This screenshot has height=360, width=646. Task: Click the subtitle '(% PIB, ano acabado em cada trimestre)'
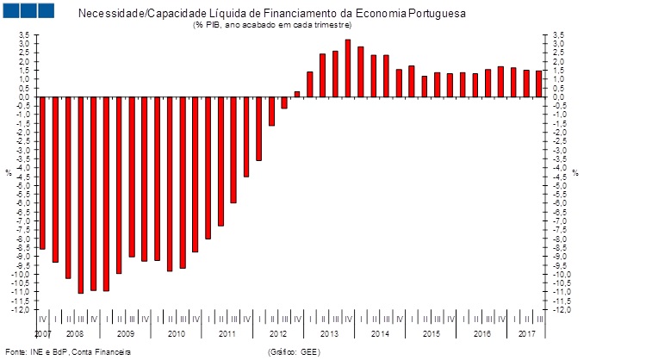(272, 24)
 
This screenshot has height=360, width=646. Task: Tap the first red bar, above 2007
(42, 172)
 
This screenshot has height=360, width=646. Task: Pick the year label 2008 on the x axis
(74, 332)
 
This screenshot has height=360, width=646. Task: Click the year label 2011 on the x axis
(227, 332)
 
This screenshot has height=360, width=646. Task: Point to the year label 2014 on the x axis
(380, 332)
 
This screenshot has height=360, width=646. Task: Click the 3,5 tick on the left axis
(24, 35)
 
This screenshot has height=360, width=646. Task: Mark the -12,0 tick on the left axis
(22, 310)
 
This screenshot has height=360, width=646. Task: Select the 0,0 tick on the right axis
(558, 97)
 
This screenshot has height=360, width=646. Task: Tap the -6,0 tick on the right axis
(560, 203)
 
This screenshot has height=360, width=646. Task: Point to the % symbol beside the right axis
(575, 173)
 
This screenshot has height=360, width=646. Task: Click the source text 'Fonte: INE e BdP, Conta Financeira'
(68, 351)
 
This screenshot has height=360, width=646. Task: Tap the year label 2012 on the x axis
(277, 332)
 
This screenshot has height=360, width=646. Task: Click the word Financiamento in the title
(252, 14)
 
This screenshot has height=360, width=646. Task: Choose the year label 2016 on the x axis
(481, 332)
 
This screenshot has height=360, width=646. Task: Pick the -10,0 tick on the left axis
(22, 275)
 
